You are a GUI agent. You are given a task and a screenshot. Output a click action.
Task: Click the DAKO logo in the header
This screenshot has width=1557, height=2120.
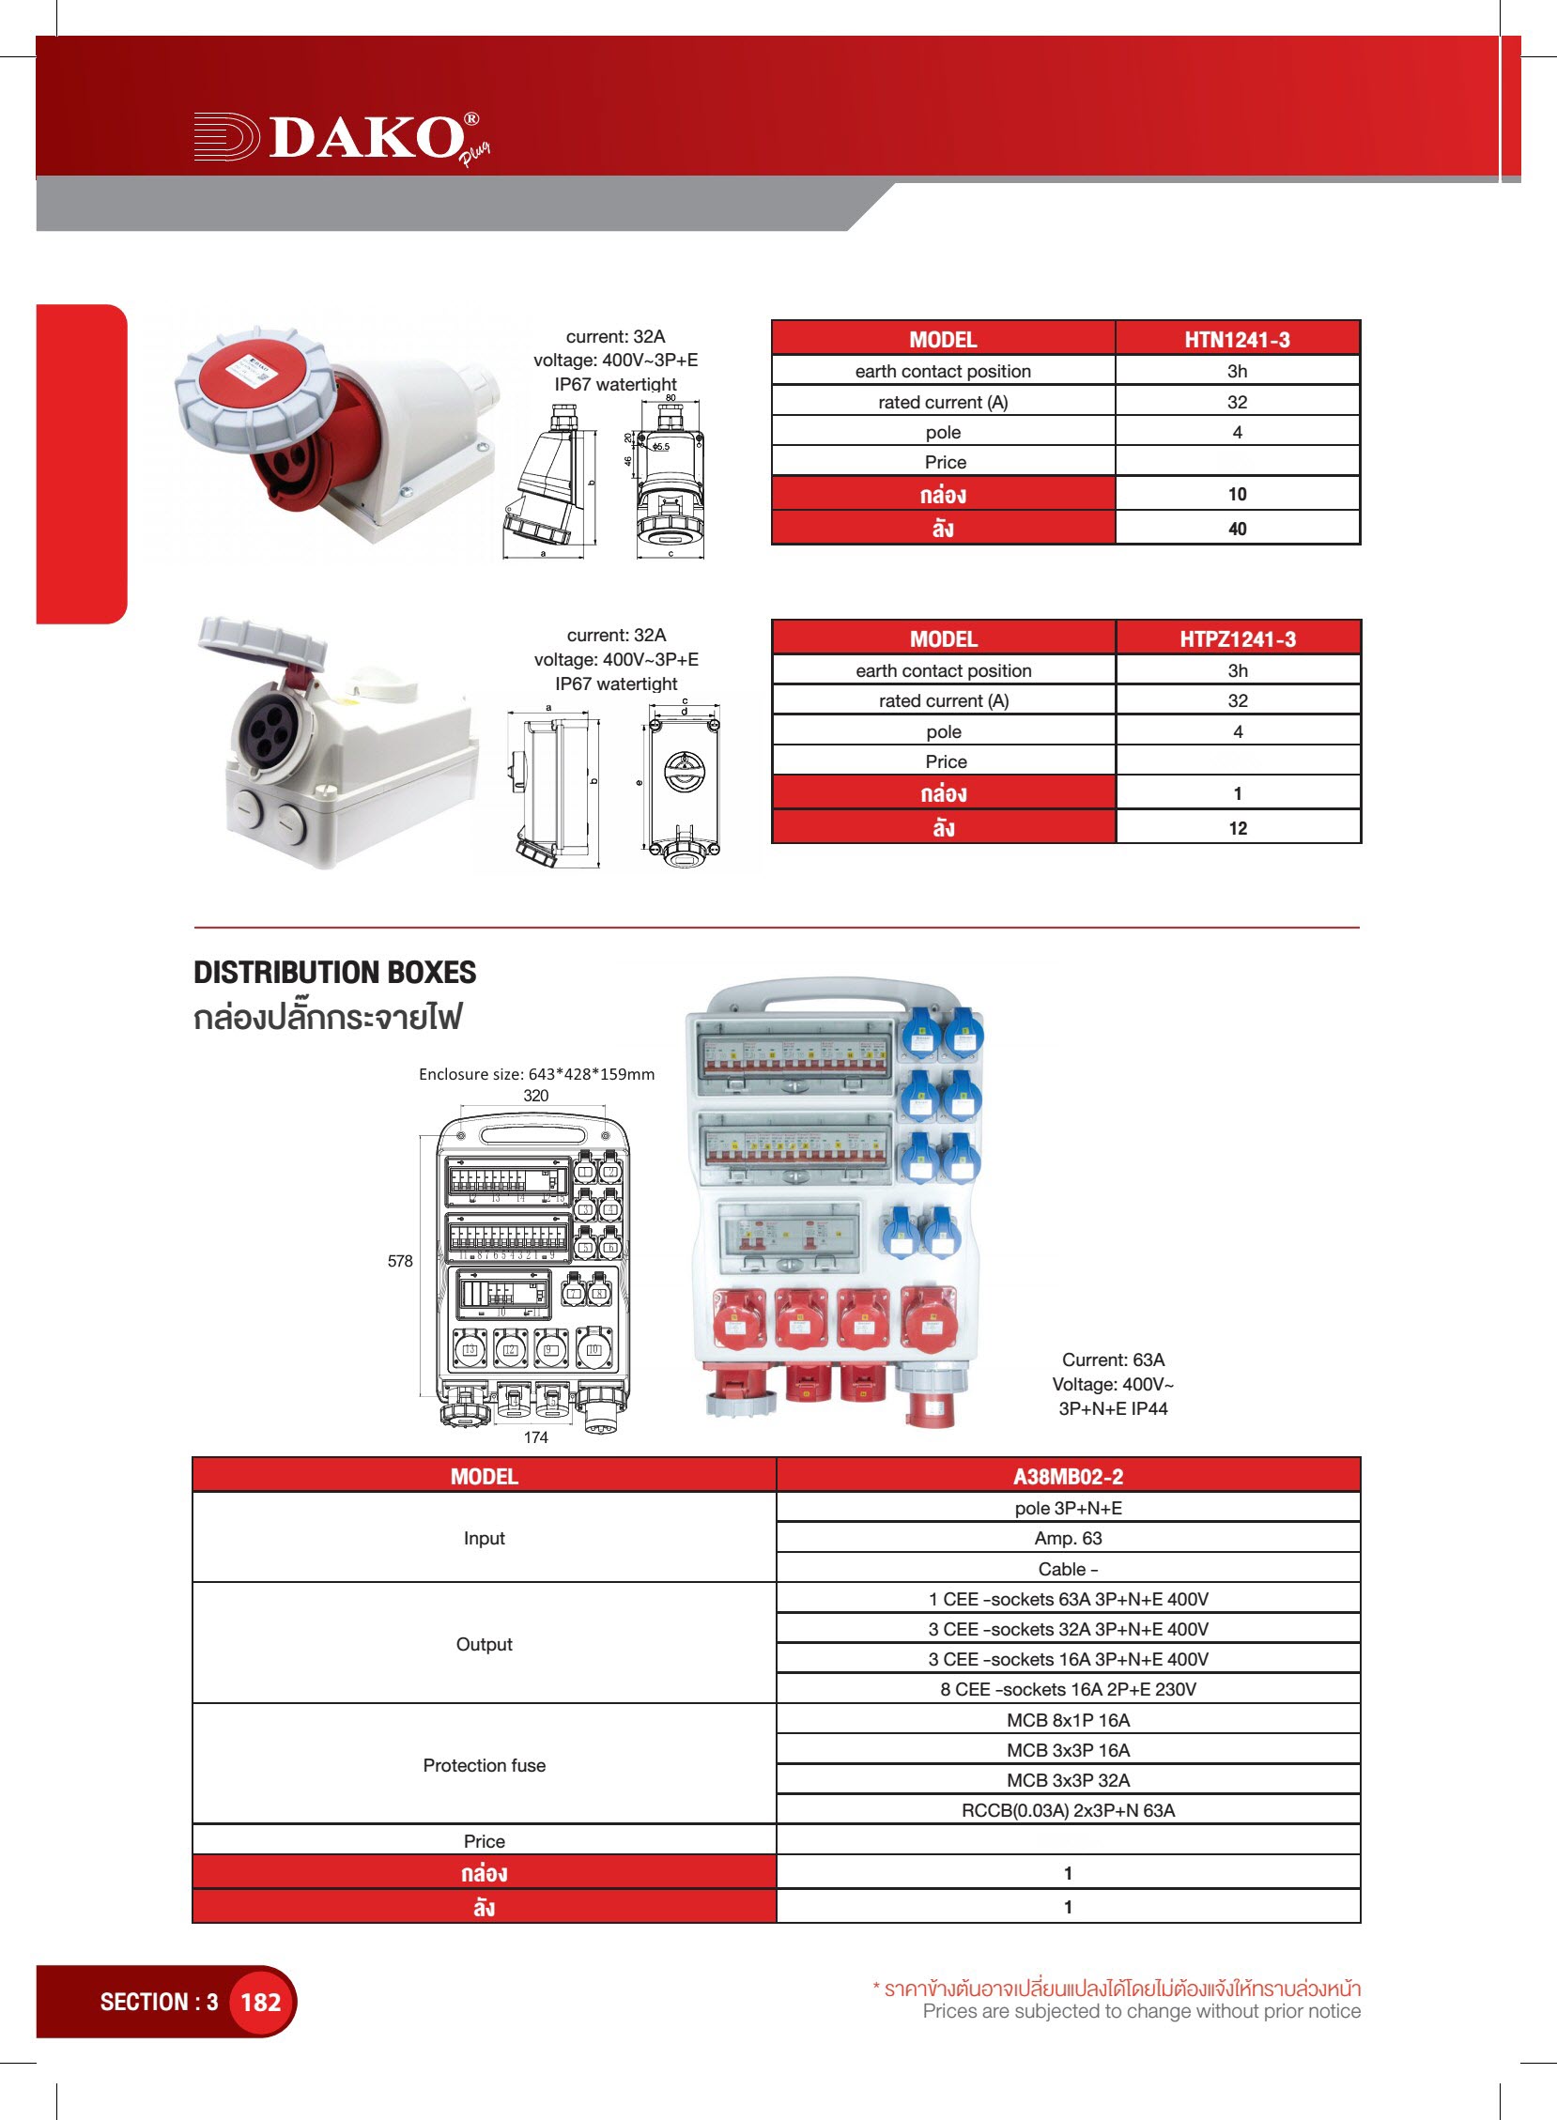coord(339,138)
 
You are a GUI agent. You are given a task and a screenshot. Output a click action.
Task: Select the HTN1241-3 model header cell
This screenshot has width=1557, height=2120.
coord(1237,339)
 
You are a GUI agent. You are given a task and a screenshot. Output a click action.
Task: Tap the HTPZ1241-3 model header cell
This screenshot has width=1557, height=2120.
coord(1238,638)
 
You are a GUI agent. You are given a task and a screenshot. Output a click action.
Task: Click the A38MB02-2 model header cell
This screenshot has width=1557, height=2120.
coord(1068,1477)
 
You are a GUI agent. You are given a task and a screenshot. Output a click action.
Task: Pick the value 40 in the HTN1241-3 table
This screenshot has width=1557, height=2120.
coord(1237,529)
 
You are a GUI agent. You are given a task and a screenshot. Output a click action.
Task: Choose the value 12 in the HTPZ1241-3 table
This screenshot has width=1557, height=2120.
coord(1238,828)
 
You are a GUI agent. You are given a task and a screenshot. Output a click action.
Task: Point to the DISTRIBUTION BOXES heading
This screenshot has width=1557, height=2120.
coord(334,973)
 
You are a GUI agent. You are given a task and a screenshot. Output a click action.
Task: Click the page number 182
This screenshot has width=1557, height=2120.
coord(260,2003)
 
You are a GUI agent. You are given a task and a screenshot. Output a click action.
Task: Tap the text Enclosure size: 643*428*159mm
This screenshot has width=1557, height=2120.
coord(536,1074)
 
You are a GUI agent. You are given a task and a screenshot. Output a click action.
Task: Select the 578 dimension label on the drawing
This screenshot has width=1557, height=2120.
coord(400,1261)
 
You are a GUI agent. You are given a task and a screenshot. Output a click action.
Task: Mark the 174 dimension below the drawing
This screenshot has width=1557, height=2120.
coord(535,1436)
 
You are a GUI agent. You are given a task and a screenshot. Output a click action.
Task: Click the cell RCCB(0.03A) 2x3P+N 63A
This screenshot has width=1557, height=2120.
coord(1068,1810)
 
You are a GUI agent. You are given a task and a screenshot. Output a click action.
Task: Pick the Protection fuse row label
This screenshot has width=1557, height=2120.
coord(484,1765)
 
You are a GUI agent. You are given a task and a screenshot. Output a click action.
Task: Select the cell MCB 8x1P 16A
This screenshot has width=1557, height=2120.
coord(1068,1719)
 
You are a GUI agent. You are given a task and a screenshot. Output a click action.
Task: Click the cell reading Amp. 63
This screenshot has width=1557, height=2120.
coord(1068,1538)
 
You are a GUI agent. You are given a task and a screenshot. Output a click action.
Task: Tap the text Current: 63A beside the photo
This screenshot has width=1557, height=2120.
coord(1113,1360)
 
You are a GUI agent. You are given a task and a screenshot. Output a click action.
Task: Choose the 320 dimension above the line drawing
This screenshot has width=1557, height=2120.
coord(535,1095)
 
